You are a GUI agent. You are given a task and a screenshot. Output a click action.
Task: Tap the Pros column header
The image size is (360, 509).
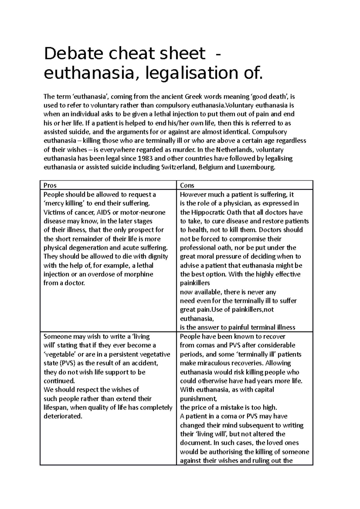[50, 186]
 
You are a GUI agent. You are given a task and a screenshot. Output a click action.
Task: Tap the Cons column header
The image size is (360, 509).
[187, 186]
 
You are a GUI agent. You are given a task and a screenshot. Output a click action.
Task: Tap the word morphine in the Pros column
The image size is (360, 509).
[139, 274]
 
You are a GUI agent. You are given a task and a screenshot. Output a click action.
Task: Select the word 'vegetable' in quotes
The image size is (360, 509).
[60, 354]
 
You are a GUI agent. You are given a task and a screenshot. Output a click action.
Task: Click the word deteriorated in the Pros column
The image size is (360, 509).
[63, 416]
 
